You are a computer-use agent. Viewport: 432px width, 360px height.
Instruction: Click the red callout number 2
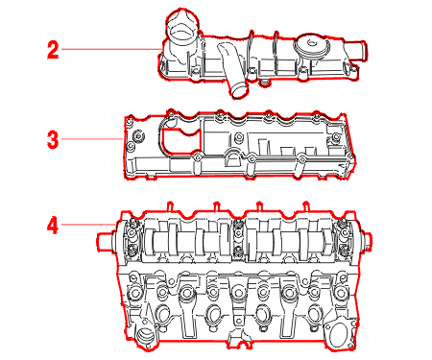click(x=53, y=50)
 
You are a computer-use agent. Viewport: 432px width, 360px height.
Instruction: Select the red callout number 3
click(x=53, y=140)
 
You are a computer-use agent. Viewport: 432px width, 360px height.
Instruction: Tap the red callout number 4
click(x=53, y=226)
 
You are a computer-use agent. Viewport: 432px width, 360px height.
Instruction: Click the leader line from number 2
click(x=111, y=49)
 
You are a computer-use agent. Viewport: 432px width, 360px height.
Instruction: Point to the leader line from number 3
click(x=92, y=139)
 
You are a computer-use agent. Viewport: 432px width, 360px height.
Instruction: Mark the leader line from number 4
click(x=88, y=225)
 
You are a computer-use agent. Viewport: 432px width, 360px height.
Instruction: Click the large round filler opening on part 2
click(x=182, y=31)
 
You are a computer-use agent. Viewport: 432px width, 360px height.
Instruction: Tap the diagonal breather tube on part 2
click(x=232, y=70)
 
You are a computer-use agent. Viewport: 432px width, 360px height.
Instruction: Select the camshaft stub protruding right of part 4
click(x=366, y=242)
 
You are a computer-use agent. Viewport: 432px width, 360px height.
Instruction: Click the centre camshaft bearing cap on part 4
click(x=238, y=238)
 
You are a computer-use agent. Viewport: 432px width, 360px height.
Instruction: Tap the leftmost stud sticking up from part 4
click(x=170, y=206)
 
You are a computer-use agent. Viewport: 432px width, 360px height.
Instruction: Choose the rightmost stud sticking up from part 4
click(x=306, y=206)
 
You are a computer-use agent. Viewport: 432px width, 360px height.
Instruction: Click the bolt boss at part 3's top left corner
click(x=130, y=122)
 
